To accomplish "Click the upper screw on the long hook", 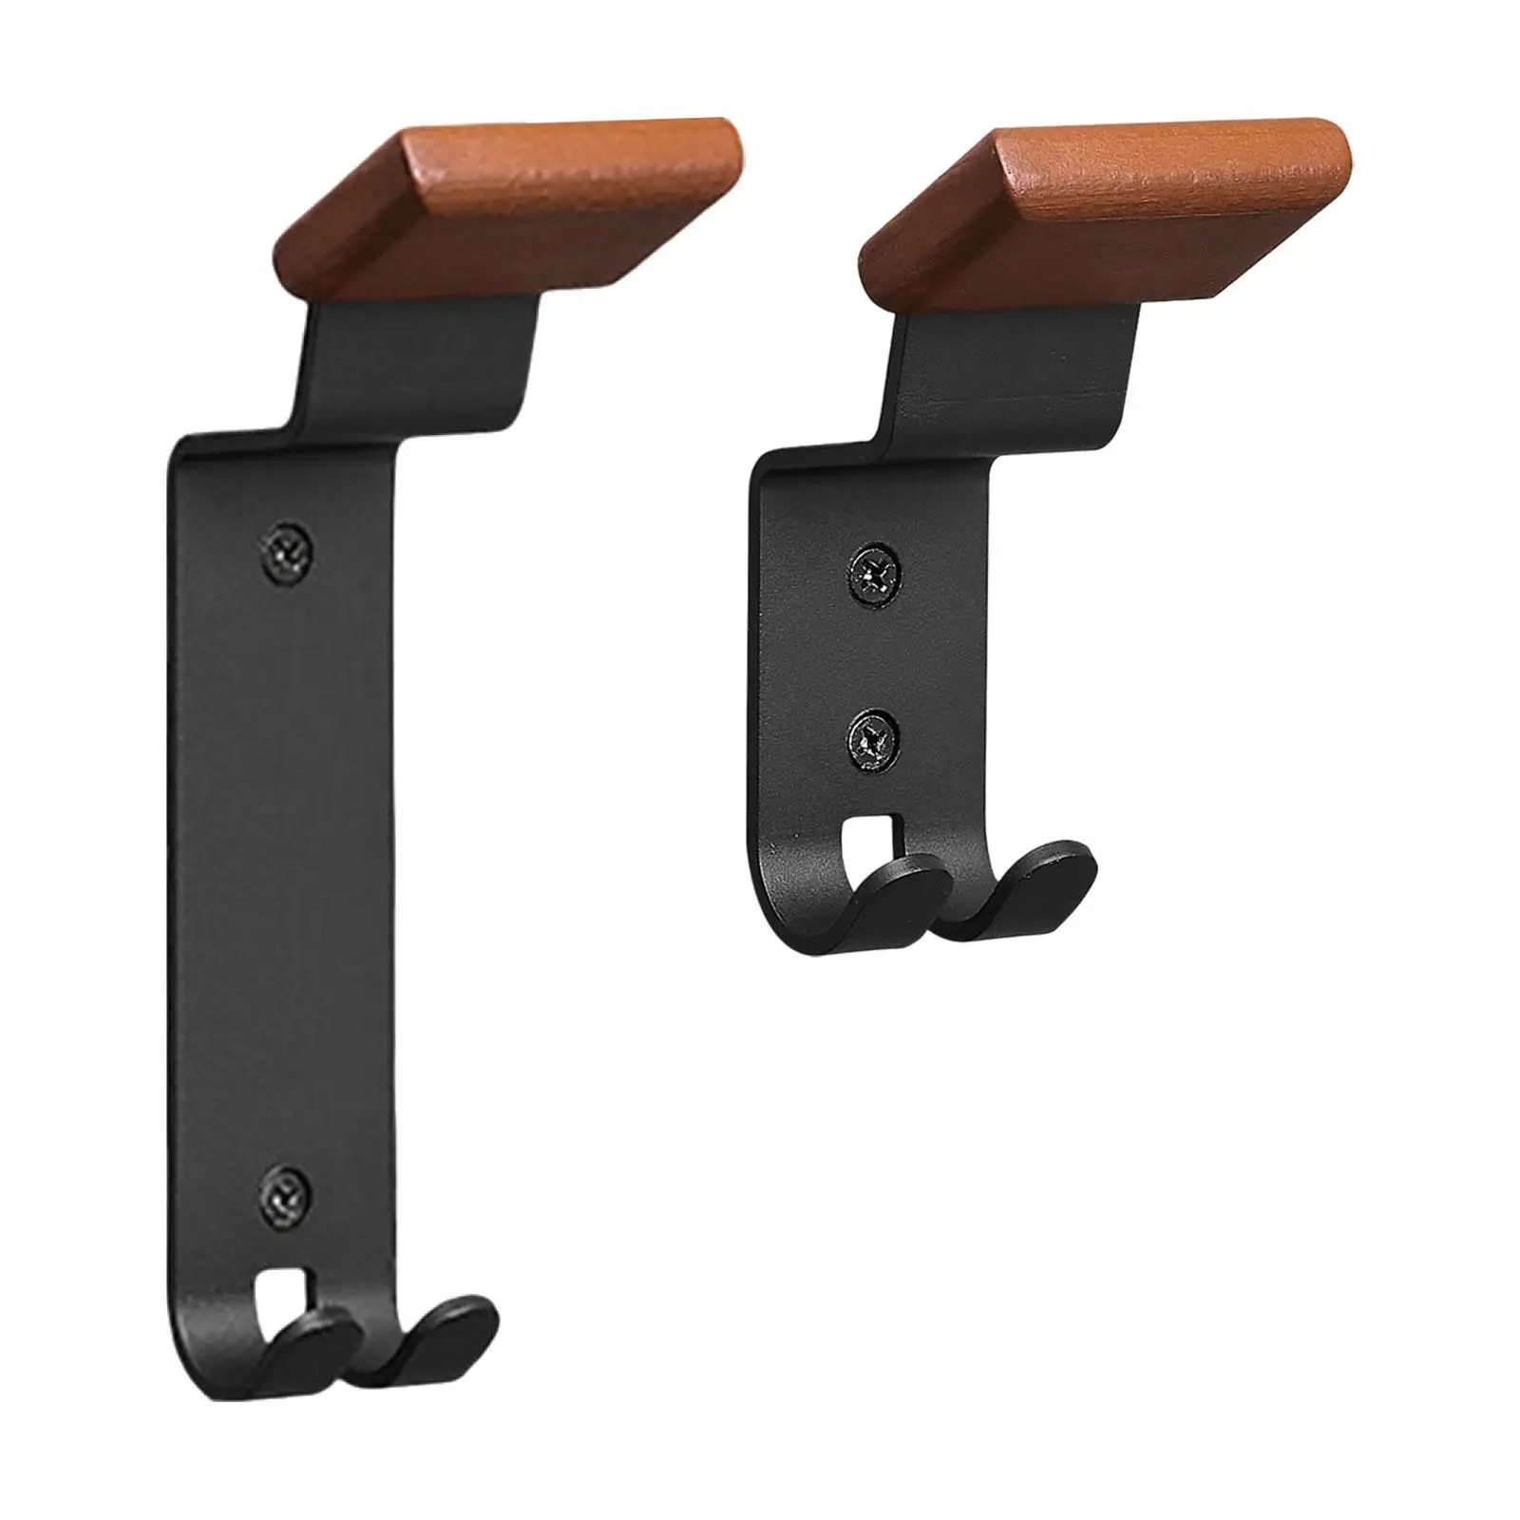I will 288,549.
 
